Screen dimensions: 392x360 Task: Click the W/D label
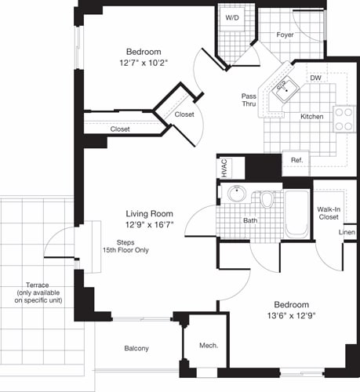(233, 17)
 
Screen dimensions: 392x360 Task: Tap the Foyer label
(285, 35)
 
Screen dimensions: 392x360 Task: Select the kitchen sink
(283, 88)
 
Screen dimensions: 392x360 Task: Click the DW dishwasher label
(315, 78)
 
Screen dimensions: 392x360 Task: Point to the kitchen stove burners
(344, 119)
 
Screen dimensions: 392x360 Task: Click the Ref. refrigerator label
(296, 160)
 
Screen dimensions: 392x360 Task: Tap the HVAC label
(224, 169)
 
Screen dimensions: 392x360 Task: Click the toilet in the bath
(267, 200)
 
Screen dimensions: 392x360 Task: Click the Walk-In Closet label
(328, 214)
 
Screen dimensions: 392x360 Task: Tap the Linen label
(347, 233)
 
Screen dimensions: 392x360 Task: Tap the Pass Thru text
(249, 100)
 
